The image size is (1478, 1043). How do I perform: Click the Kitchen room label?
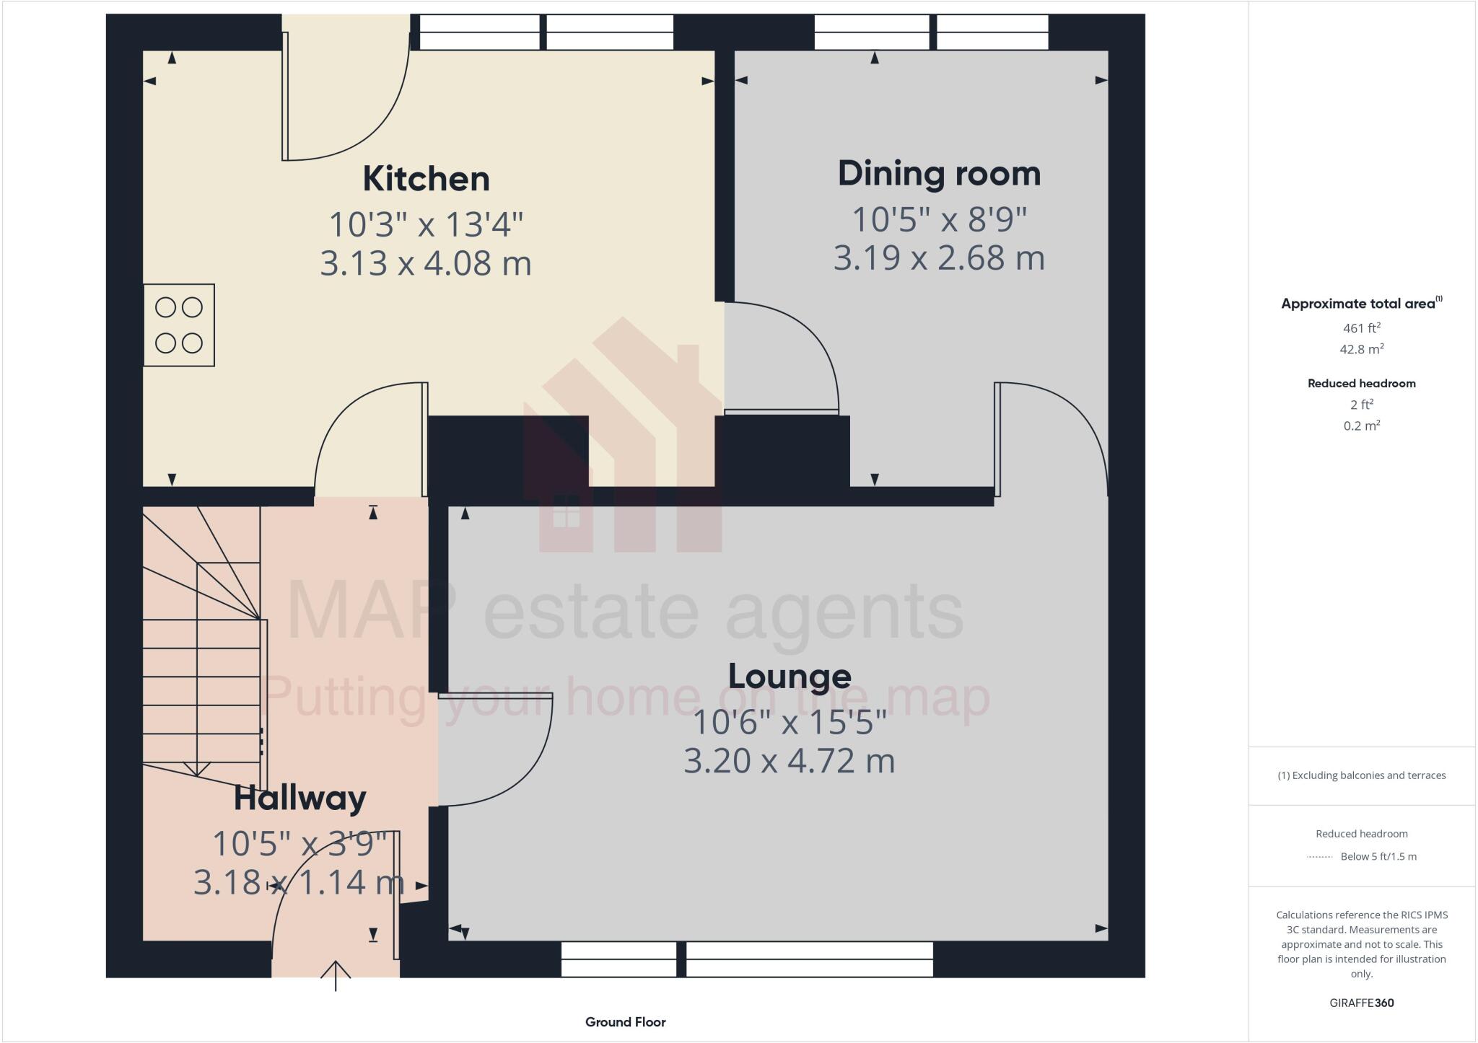(426, 179)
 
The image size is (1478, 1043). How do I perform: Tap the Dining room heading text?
(939, 174)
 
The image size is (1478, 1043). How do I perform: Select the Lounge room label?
(790, 676)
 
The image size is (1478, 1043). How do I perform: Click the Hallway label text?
(299, 798)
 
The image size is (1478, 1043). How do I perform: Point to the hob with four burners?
(179, 325)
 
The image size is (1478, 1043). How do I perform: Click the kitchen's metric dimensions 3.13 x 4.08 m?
(426, 263)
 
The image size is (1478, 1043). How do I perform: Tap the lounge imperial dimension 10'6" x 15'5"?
(790, 722)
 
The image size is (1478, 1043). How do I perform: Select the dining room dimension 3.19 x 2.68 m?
(939, 258)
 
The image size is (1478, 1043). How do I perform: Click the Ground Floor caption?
(625, 1022)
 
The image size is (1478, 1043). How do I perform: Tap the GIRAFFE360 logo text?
(1361, 1003)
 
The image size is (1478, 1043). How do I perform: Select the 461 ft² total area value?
(1361, 328)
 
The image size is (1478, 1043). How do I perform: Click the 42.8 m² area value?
(1361, 350)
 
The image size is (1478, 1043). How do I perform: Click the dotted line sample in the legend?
(1319, 857)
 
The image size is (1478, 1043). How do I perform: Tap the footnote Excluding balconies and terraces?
(1361, 775)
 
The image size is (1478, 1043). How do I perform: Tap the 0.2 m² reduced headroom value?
(1361, 426)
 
